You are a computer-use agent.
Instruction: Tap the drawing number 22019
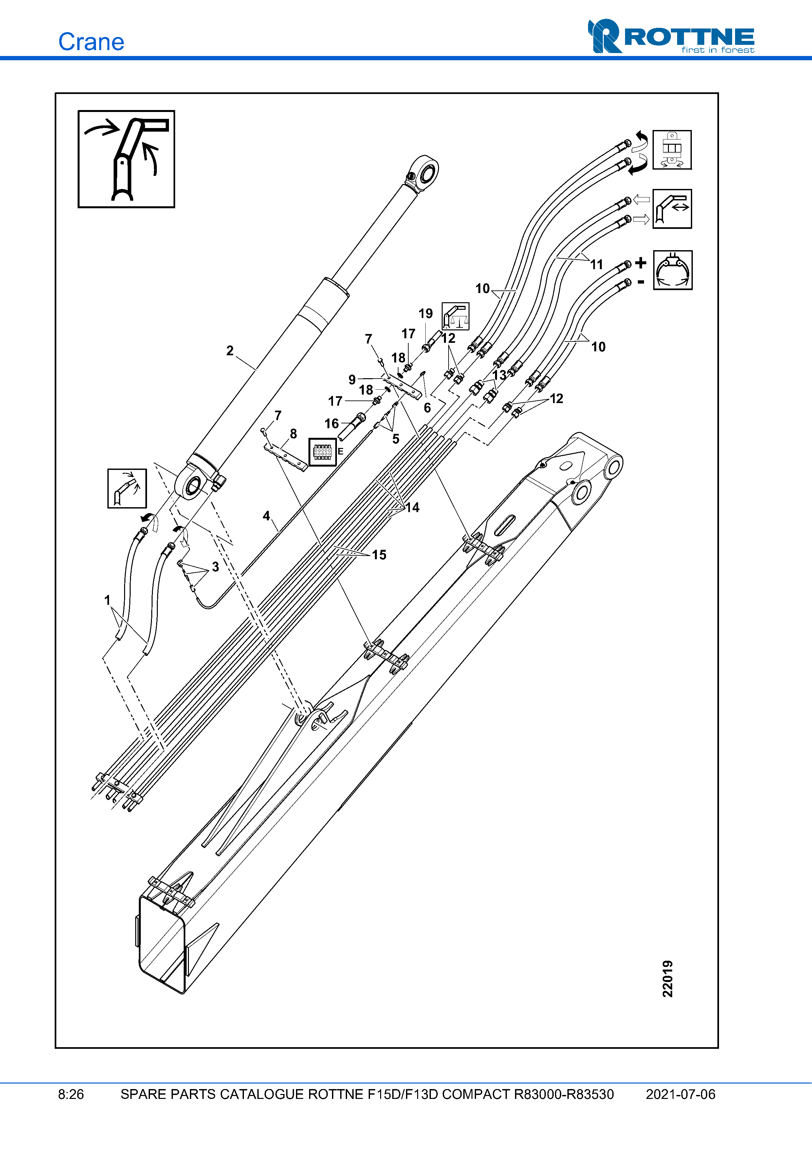667,978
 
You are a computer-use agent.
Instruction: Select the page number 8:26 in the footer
71,1094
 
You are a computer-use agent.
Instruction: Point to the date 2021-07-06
680,1094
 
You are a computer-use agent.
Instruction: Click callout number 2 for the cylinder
230,350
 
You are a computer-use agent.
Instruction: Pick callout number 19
425,314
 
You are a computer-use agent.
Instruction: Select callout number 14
412,508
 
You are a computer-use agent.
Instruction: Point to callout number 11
596,264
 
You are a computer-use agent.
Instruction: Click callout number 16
331,423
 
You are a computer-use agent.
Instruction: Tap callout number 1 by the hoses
107,600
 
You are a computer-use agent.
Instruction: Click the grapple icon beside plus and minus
673,270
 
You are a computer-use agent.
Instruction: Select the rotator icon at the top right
672,150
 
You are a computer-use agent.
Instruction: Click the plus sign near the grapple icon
640,263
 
